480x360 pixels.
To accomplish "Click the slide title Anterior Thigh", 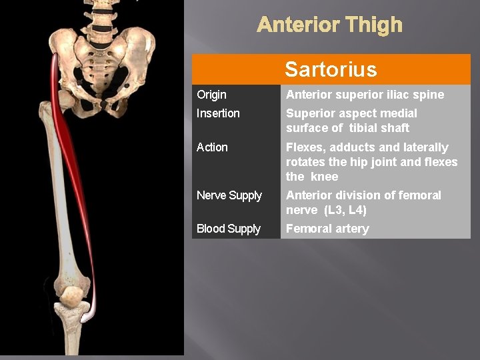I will pos(329,25).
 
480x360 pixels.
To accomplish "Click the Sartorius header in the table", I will pos(331,69).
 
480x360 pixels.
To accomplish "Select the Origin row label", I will pos(212,95).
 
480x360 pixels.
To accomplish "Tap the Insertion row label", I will pos(218,113).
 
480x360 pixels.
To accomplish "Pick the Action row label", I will pos(212,147).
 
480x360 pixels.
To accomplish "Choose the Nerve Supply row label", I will pos(229,195).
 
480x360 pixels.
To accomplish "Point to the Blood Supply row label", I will pos(229,229).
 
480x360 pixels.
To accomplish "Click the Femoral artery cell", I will pos(327,229).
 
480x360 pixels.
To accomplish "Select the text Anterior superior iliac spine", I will pos(365,95).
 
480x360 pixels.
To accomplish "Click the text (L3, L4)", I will pos(345,210).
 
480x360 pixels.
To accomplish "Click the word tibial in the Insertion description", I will pos(367,128).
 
